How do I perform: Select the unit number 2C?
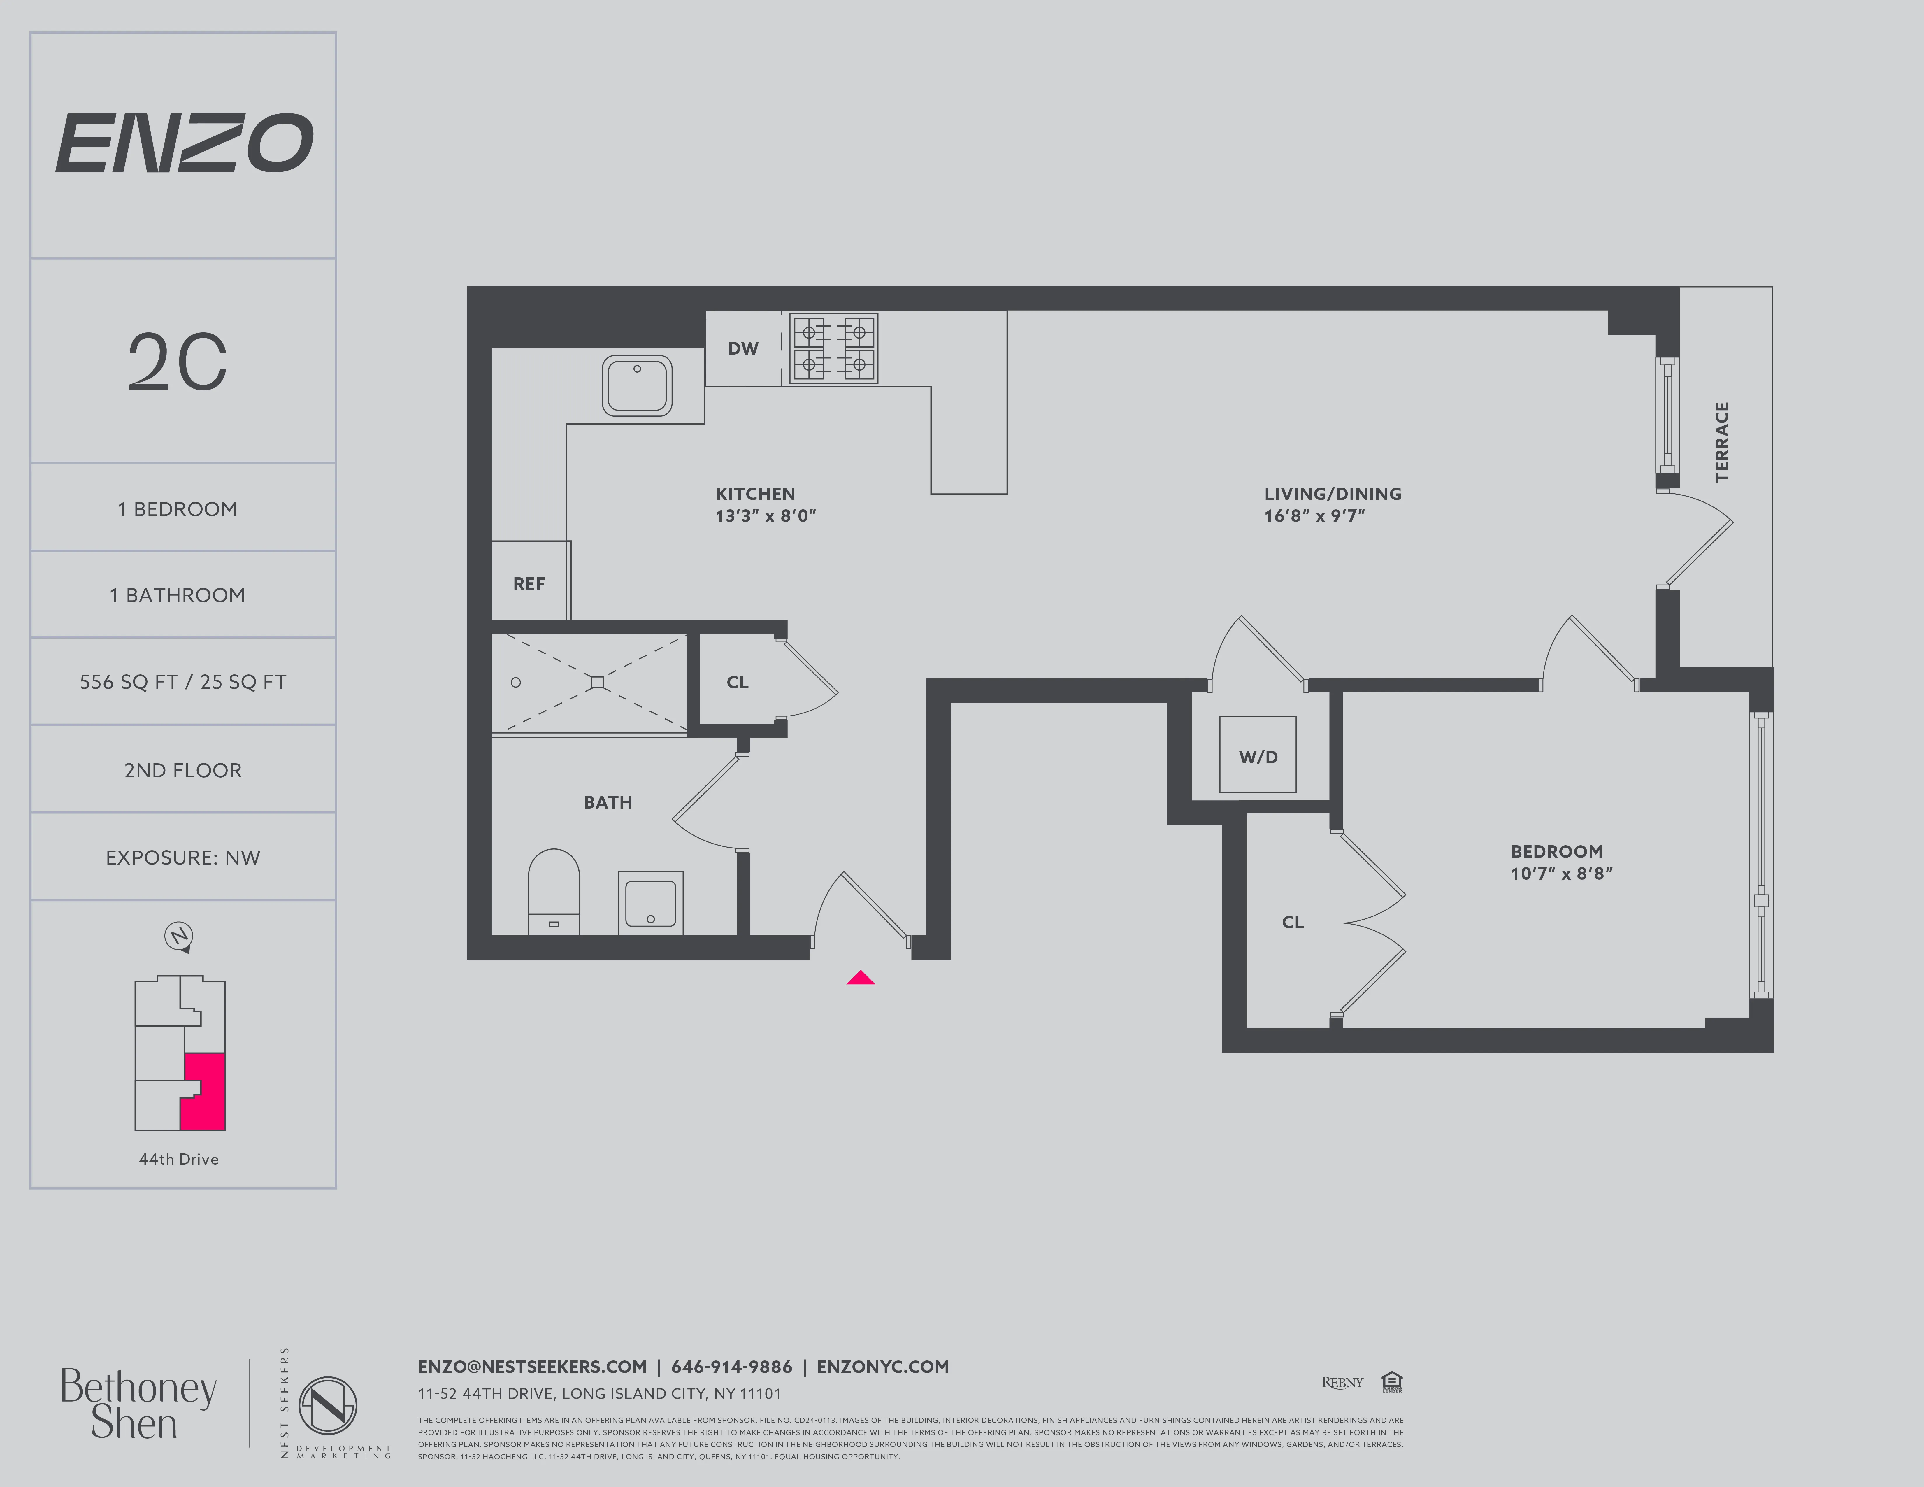[178, 362]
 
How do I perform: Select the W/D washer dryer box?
[1257, 755]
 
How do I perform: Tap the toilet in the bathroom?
[553, 890]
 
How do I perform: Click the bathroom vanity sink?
[650, 903]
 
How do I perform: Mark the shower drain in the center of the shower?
[597, 682]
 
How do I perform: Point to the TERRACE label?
[1721, 442]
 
